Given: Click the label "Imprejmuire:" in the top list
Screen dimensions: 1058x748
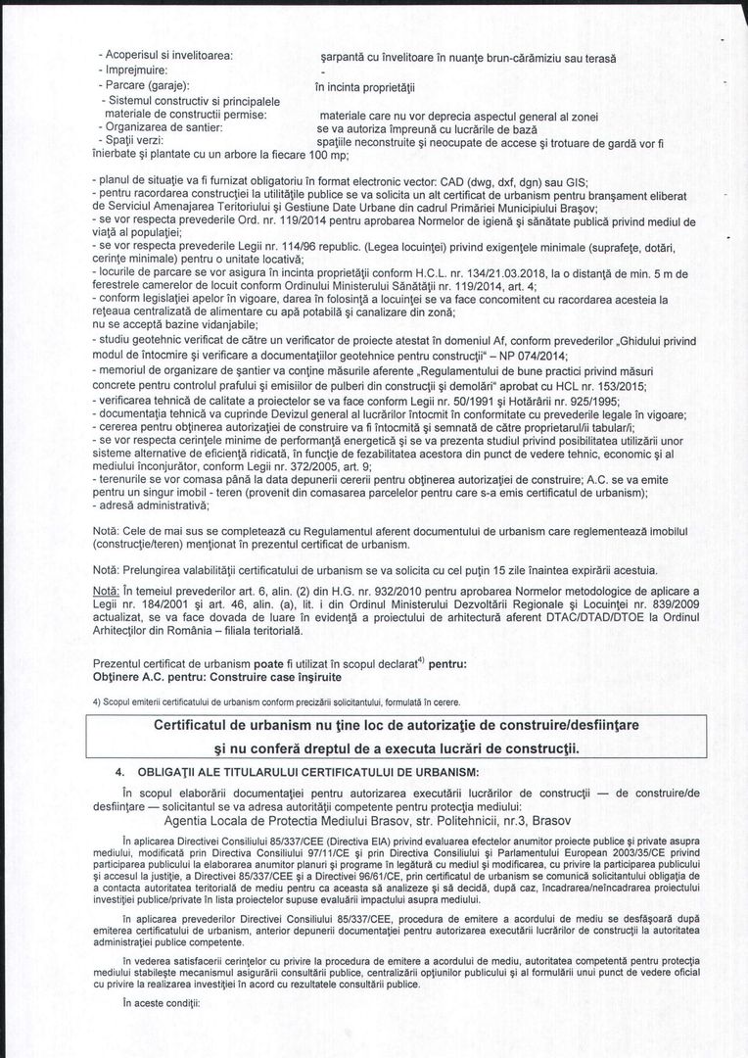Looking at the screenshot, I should tap(136, 72).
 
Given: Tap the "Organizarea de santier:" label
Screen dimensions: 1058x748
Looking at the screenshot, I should tap(166, 128).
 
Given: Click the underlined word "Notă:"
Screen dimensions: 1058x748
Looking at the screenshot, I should tap(106, 592).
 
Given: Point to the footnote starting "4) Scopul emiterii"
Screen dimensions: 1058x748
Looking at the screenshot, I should tap(274, 701).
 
